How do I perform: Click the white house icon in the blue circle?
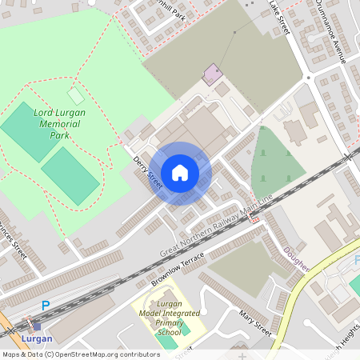pyautogui.click(x=180, y=173)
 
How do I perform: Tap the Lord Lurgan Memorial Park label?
pyautogui.click(x=60, y=124)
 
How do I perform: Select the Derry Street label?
pyautogui.click(x=147, y=172)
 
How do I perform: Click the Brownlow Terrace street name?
pyautogui.click(x=178, y=270)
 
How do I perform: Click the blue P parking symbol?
pyautogui.click(x=46, y=305)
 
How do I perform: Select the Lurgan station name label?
pyautogui.click(x=38, y=338)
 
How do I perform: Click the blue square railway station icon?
pyautogui.click(x=37, y=326)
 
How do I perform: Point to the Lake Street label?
pyautogui.click(x=279, y=17)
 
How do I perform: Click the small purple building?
pyautogui.click(x=212, y=74)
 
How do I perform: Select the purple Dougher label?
pyautogui.click(x=295, y=258)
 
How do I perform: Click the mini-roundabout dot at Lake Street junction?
pyautogui.click(x=308, y=78)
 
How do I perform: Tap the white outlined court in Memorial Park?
pyautogui.click(x=75, y=96)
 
